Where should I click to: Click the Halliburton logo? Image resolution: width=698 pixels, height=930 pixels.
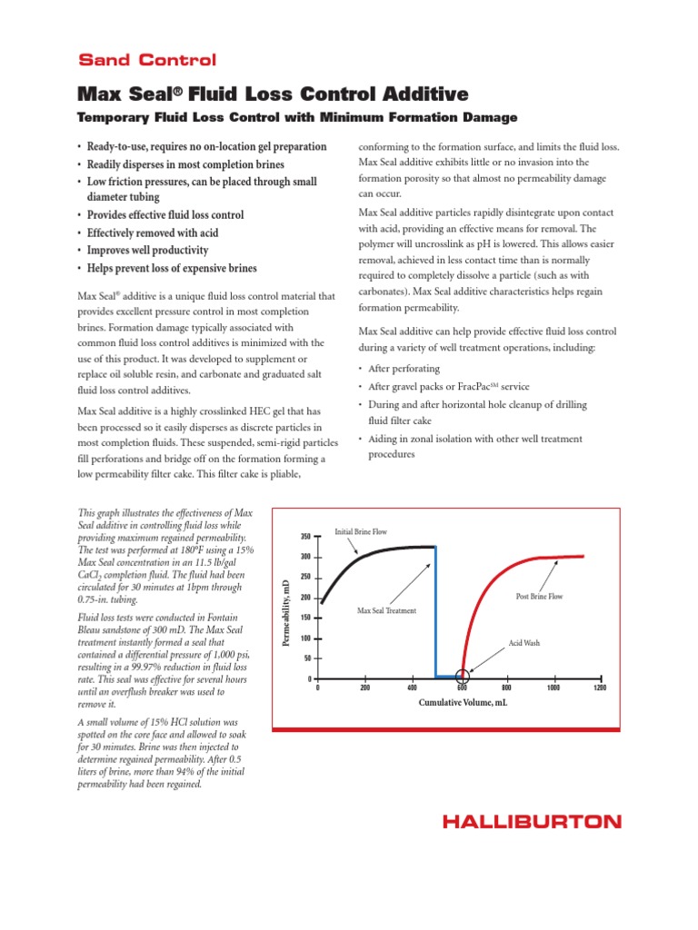[532, 821]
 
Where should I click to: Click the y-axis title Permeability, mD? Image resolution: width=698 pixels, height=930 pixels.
[285, 609]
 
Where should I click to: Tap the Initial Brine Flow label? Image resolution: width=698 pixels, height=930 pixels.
[361, 531]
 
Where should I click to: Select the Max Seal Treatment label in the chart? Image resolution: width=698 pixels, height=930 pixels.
[386, 611]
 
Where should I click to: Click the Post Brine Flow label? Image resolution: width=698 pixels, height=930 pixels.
[539, 597]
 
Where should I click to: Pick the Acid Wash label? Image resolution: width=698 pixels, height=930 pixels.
[524, 642]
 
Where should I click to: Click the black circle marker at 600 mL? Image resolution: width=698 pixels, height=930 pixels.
[463, 676]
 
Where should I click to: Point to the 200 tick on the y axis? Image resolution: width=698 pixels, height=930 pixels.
[305, 598]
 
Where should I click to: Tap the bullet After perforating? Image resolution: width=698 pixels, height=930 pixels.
[404, 369]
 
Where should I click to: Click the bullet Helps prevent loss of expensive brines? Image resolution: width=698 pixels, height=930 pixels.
[172, 268]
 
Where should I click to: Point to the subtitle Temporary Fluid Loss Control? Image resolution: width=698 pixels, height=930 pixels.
[296, 117]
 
